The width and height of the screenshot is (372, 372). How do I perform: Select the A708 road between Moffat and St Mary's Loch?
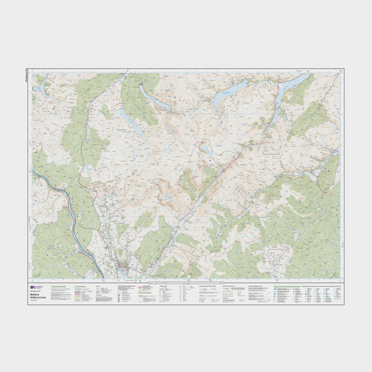point(196,196)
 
